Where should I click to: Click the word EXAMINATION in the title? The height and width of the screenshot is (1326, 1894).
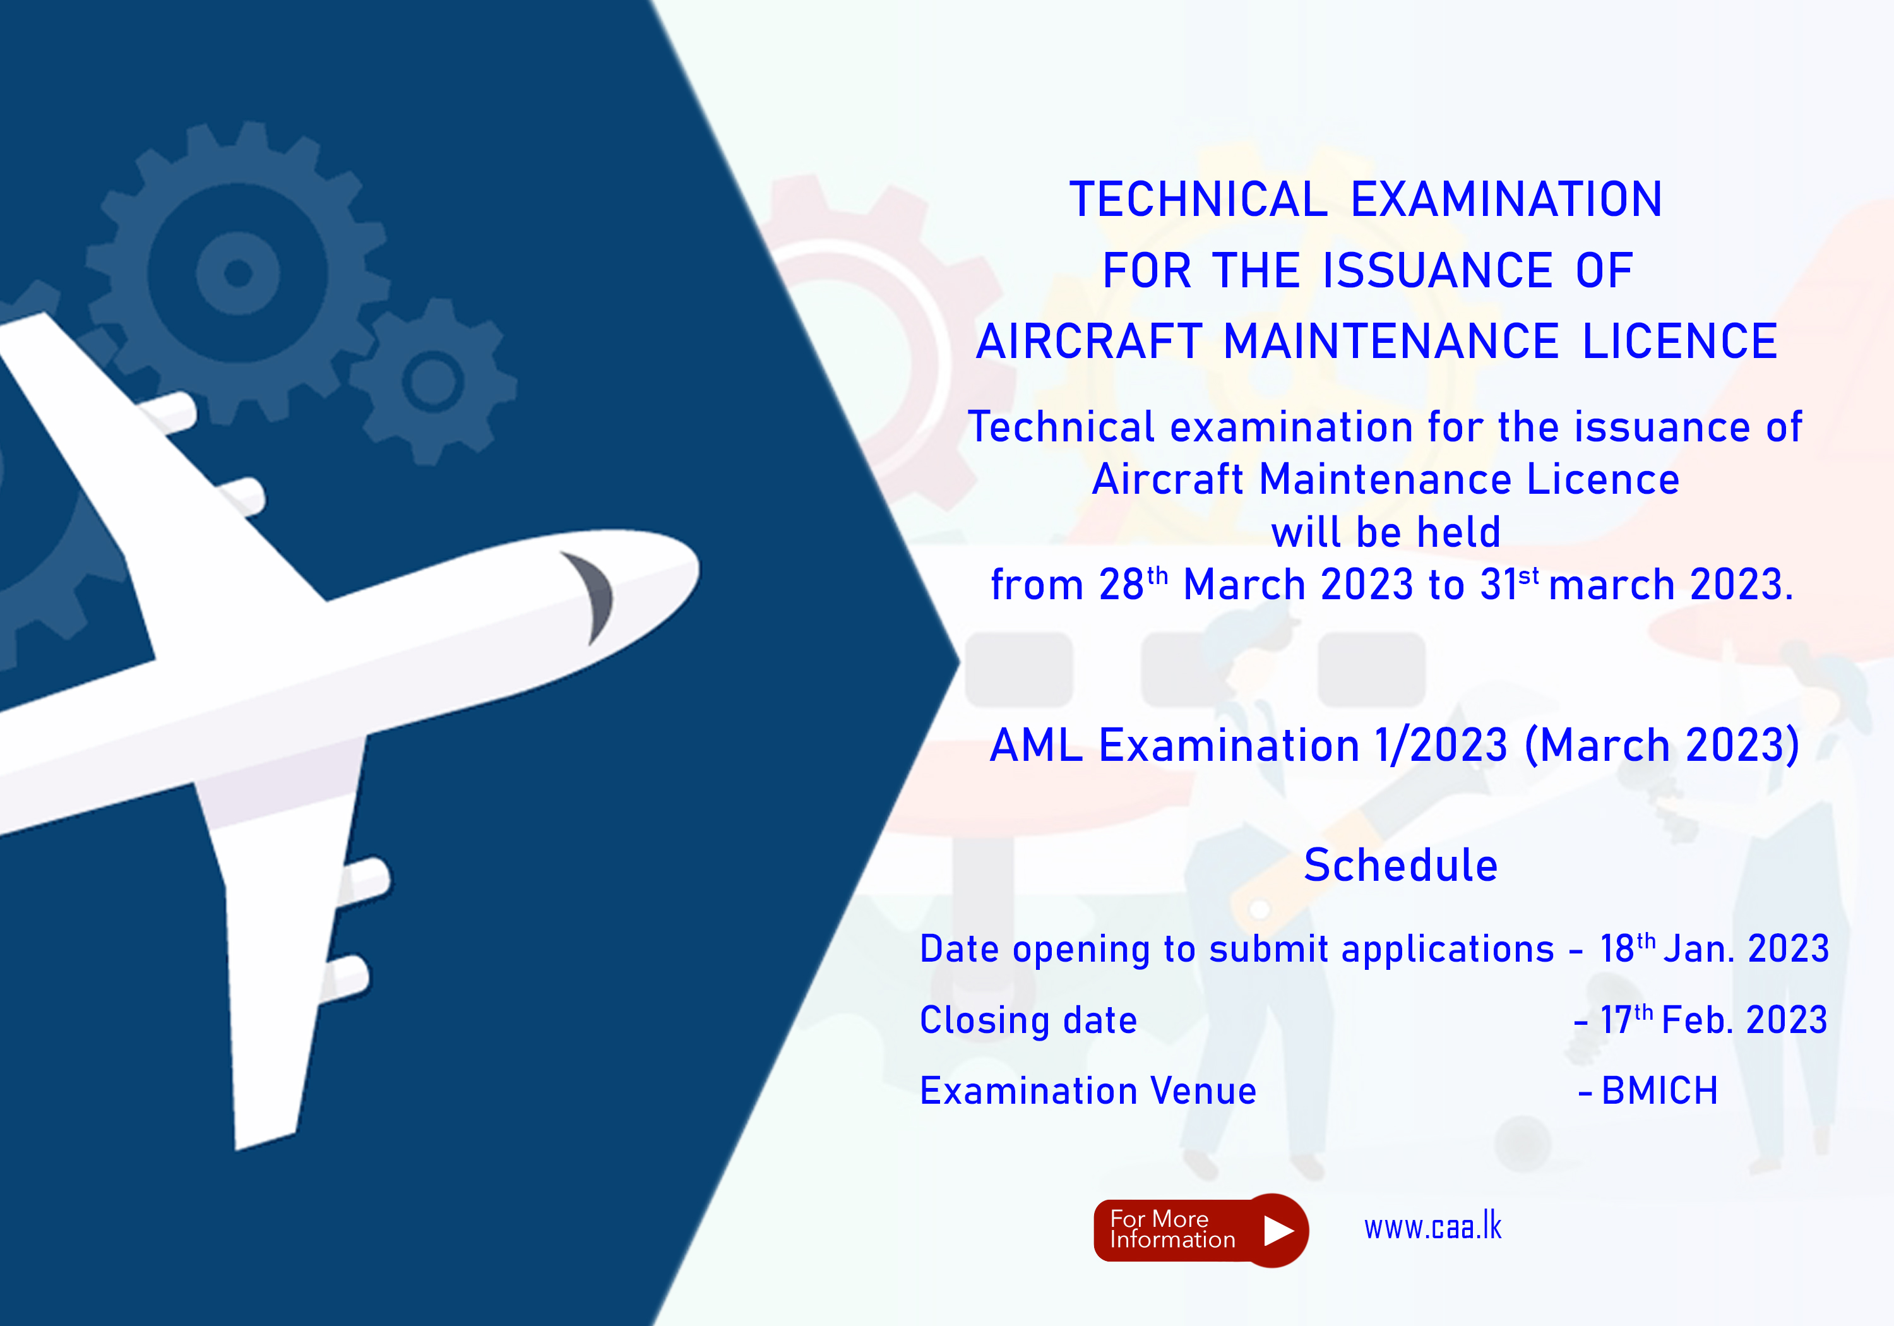pos(1506,200)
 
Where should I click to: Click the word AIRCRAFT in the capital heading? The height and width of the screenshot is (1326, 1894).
pos(1089,342)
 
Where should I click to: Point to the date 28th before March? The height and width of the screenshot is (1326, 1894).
pos(1133,584)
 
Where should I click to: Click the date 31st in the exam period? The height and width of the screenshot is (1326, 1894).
pos(1509,584)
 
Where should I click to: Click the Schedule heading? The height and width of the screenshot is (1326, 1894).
pos(1401,866)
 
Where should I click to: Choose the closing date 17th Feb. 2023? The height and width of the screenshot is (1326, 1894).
pos(1713,1020)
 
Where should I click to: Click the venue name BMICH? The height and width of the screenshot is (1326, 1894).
pos(1660,1091)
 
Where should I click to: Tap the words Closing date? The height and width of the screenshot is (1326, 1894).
pos(1028,1020)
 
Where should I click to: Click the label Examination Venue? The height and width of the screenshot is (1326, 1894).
pos(1088,1091)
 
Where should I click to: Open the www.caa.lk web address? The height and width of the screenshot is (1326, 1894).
pos(1433,1227)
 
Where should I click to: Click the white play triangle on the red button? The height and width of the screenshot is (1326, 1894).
pos(1278,1230)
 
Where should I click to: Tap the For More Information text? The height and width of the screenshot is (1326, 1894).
pos(1172,1229)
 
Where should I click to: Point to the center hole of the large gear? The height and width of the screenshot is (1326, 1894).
pos(239,272)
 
